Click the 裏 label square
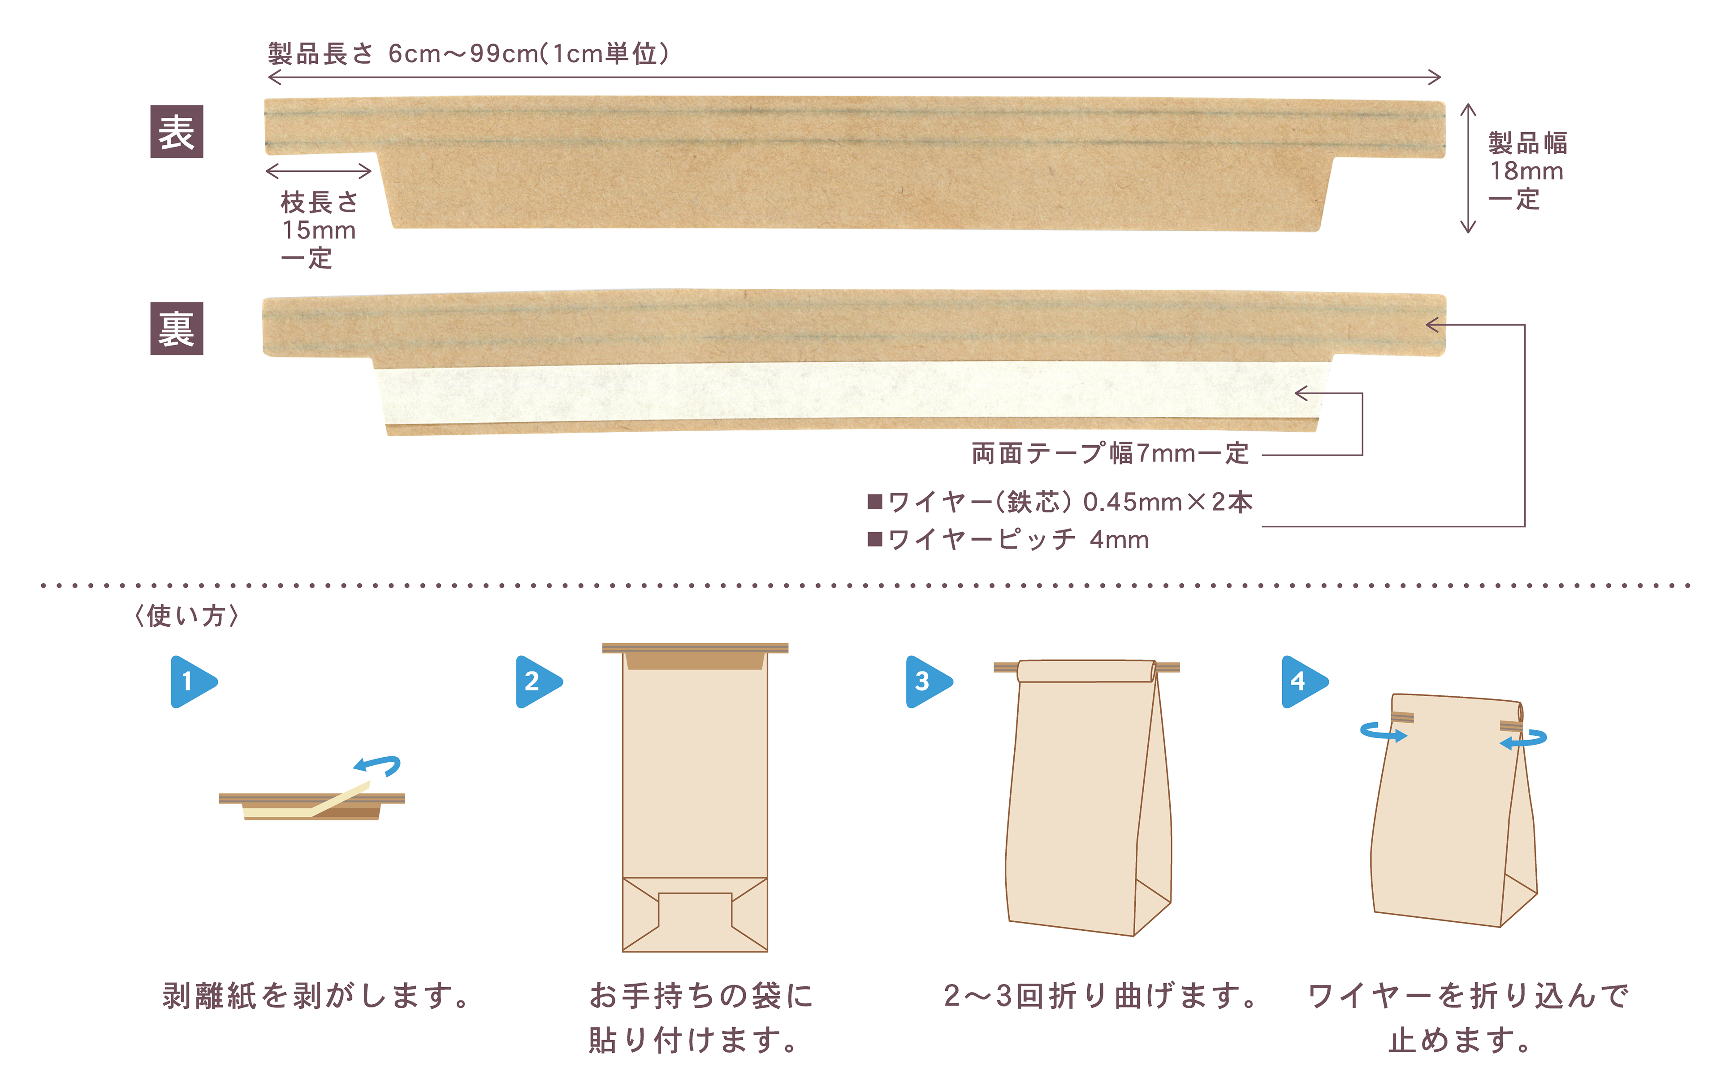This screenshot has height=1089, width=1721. click(177, 329)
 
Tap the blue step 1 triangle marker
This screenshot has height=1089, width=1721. click(191, 681)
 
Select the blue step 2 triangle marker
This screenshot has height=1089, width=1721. click(537, 681)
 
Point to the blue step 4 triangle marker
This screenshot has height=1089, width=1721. click(1302, 681)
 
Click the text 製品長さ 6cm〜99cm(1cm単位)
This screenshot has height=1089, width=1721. click(468, 54)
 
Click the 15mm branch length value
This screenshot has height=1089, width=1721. click(319, 230)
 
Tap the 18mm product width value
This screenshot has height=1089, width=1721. click(1526, 171)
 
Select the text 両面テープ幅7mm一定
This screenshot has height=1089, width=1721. click(1110, 453)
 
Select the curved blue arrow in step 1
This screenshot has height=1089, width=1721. click(378, 765)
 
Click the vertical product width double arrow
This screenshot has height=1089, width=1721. click(1468, 168)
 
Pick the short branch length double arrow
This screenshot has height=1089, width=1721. click(318, 171)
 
